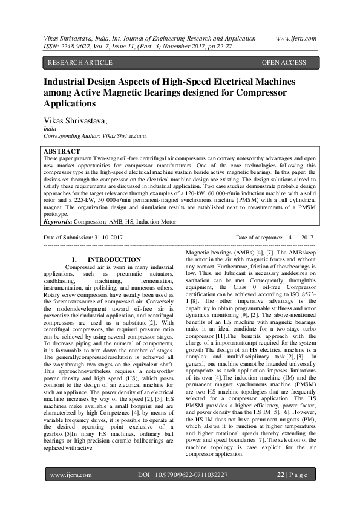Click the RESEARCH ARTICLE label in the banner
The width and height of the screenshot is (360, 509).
tap(80, 63)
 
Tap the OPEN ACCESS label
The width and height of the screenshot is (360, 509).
tap(284, 63)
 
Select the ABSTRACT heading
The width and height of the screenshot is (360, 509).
tap(62, 151)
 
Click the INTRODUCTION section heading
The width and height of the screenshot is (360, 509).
tap(123, 259)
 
